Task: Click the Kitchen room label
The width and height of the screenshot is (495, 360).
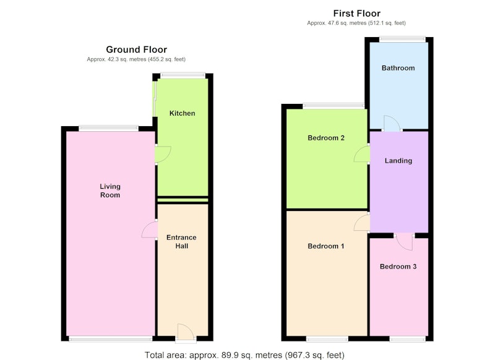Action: [x=182, y=113]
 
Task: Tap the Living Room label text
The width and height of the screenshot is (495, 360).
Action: [x=110, y=191]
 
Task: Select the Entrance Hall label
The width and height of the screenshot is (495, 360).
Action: [x=181, y=242]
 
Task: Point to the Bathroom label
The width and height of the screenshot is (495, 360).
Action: [x=398, y=68]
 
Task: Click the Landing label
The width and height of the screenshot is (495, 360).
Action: [x=398, y=161]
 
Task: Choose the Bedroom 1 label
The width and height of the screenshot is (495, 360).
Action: [x=326, y=246]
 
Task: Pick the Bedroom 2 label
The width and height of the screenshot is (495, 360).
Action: [x=326, y=138]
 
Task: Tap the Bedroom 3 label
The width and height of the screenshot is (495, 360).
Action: [x=398, y=267]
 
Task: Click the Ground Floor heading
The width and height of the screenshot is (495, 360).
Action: [x=136, y=49]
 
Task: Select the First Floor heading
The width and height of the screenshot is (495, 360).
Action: [x=357, y=14]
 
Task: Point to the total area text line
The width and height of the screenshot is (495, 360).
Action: [x=244, y=355]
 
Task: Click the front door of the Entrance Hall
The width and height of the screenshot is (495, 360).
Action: [x=186, y=333]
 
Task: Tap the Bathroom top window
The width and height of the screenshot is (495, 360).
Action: [x=402, y=40]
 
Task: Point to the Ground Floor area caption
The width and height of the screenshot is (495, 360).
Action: [x=136, y=59]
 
